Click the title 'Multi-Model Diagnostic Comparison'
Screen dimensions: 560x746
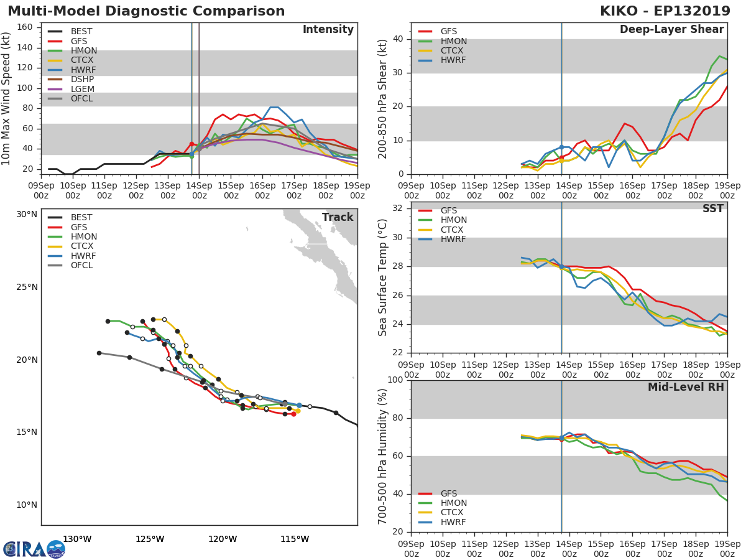[146, 11]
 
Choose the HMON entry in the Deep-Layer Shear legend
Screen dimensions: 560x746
[453, 41]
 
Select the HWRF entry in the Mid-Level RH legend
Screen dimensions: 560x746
[453, 522]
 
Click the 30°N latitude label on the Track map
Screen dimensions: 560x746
[27, 215]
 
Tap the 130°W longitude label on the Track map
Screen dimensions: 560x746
[78, 539]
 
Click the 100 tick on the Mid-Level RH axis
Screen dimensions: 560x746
[395, 380]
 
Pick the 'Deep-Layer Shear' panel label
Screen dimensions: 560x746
[671, 30]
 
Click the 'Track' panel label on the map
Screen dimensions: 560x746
[337, 217]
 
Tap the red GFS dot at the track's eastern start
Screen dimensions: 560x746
[293, 414]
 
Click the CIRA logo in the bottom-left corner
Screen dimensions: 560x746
[34, 549]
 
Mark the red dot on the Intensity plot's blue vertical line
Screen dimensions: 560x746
[191, 144]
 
